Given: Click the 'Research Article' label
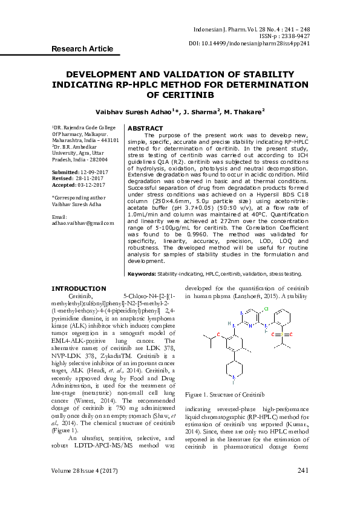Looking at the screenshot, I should point(82,48).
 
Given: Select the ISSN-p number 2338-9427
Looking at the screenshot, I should point(295,36).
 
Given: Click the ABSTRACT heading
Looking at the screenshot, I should point(146,128).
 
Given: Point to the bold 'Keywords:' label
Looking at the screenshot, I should point(142,274).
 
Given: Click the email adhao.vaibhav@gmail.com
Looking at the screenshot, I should point(83,223).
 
